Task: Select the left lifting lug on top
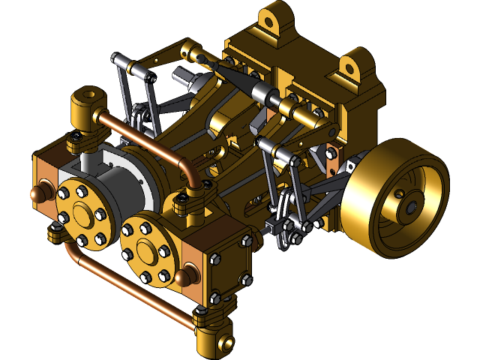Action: point(273,19)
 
